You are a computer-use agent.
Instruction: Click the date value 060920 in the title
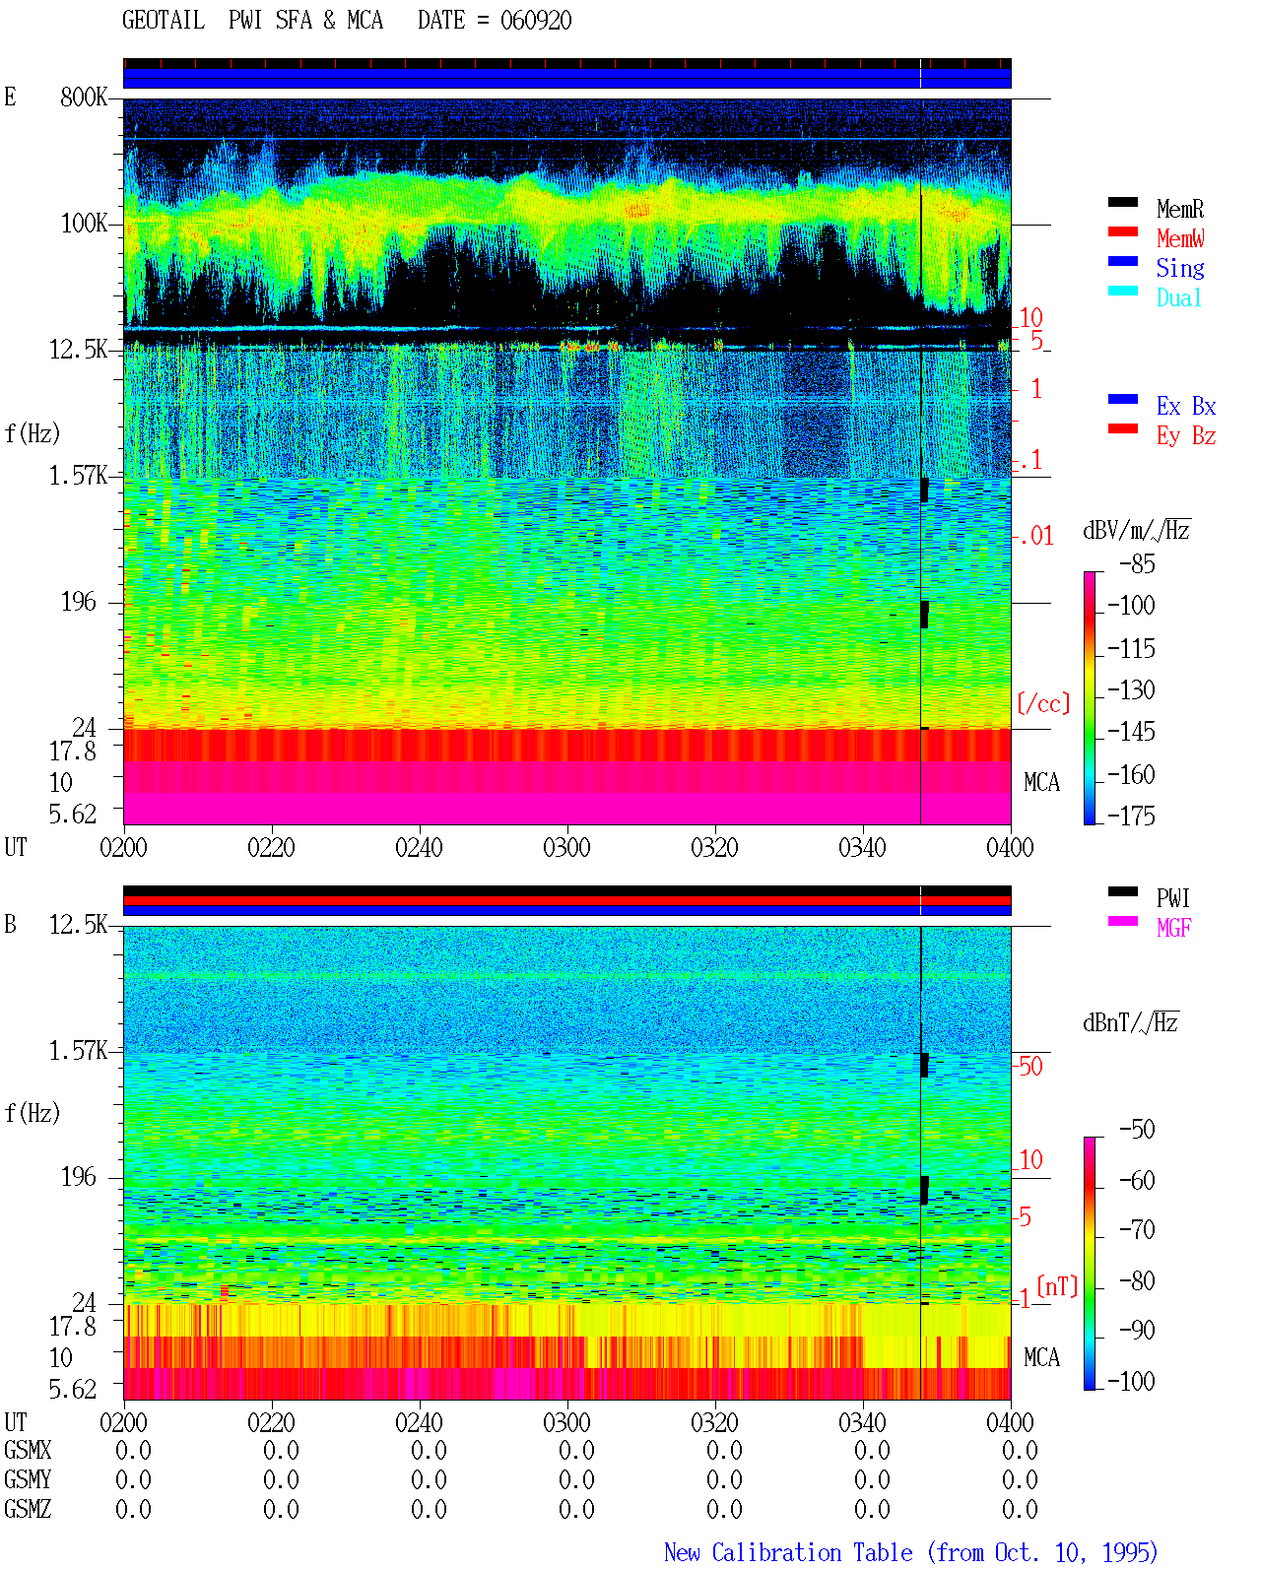click(535, 21)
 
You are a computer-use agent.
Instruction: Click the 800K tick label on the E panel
click(83, 97)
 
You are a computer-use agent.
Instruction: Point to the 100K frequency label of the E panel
click(83, 224)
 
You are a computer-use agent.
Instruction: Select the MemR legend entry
click(1179, 209)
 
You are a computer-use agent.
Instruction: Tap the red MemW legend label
click(1179, 238)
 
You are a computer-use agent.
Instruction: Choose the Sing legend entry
click(1179, 268)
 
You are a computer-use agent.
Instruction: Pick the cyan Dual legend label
click(1178, 297)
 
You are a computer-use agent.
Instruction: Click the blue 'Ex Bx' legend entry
click(1185, 406)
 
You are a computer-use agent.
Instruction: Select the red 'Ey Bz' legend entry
click(1185, 436)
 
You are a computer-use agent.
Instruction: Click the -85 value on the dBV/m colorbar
click(1136, 563)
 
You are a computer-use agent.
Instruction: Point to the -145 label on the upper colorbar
click(1131, 731)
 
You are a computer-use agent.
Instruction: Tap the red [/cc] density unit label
click(1043, 703)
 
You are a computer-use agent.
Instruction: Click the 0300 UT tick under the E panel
click(566, 847)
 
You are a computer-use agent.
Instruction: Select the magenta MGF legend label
click(1173, 928)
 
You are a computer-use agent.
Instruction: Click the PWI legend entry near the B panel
click(1173, 898)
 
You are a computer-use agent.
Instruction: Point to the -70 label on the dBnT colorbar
click(1136, 1230)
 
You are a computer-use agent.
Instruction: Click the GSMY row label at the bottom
click(28, 1479)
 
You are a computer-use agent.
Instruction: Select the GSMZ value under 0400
click(1020, 1509)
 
